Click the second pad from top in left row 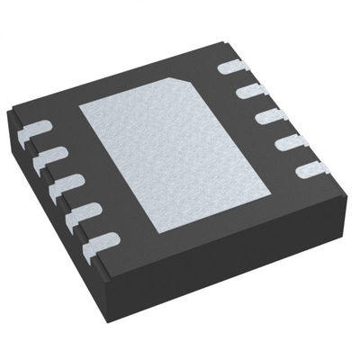pos(46,155)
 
